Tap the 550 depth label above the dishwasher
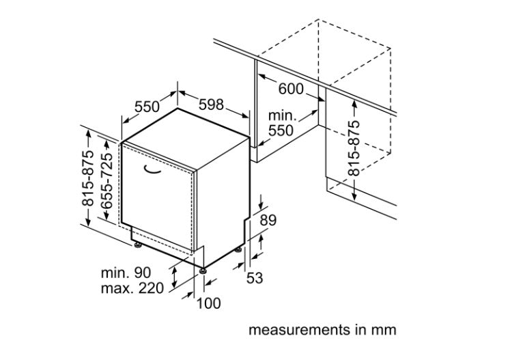coord(147,107)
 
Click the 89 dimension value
coord(270,220)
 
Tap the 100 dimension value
coord(209,303)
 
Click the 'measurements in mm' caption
coord(322,330)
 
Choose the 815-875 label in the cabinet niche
coord(354,149)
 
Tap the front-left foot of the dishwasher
coord(138,244)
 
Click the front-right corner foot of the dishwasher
coord(203,271)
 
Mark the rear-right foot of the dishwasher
coord(239,250)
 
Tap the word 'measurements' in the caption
coord(295,330)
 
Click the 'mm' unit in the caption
coord(384,330)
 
